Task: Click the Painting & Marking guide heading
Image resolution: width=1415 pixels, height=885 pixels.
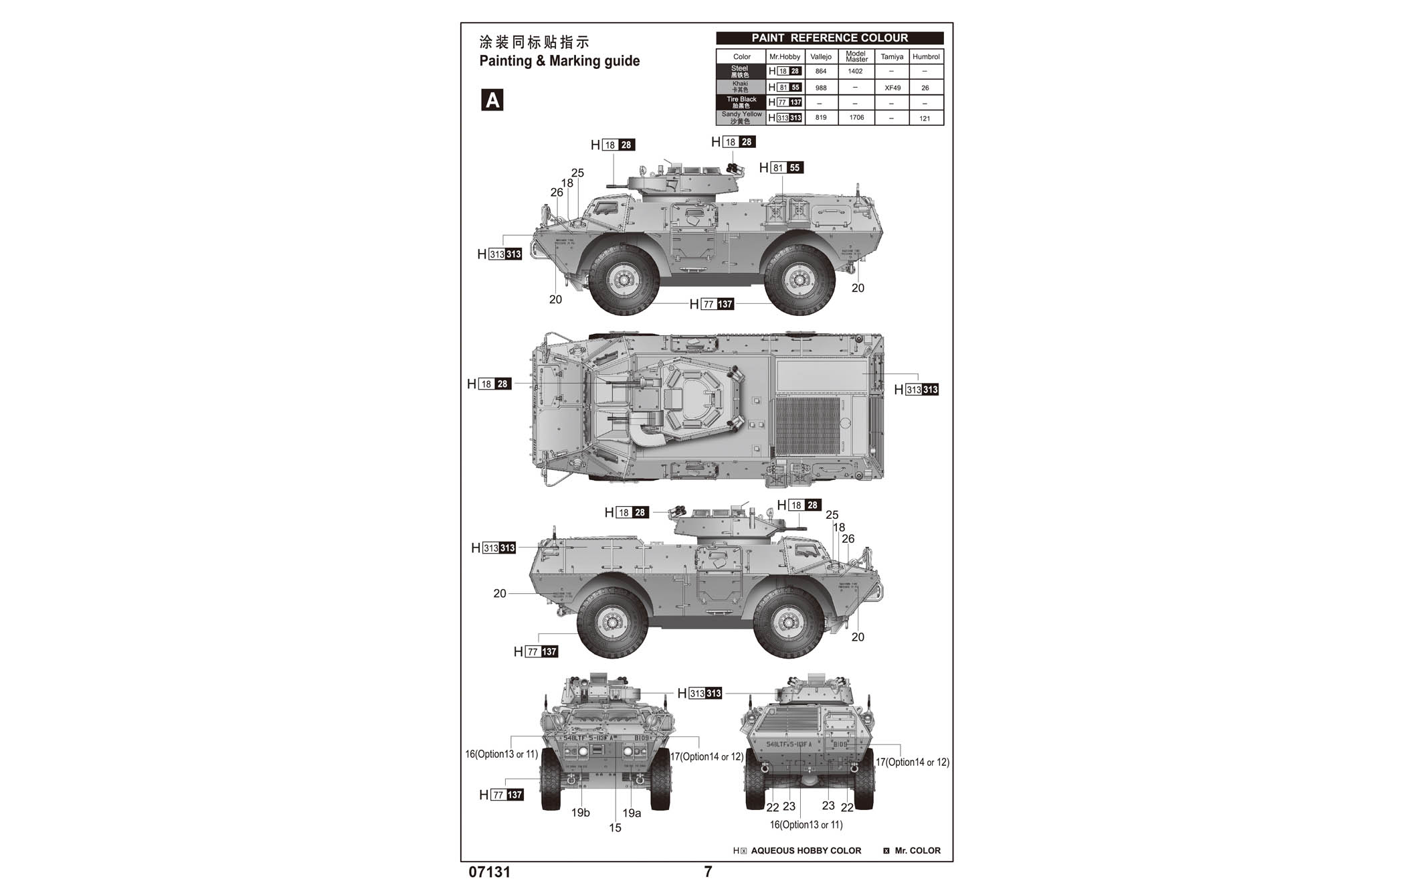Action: point(559,61)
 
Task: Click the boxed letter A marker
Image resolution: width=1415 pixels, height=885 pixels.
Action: point(492,100)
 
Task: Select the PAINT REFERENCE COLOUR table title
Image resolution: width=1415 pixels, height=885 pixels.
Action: point(830,38)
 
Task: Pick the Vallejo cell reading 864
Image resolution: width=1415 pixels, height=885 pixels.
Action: point(821,71)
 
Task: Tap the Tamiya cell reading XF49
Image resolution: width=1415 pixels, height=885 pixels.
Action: point(892,88)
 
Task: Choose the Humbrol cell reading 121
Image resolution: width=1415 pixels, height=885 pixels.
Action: point(925,118)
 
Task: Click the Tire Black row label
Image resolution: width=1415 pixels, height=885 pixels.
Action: point(741,102)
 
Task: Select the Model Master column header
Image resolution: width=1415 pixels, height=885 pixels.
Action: point(856,56)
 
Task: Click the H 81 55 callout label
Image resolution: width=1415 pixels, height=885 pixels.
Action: point(781,168)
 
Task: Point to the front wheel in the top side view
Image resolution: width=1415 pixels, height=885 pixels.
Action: point(624,280)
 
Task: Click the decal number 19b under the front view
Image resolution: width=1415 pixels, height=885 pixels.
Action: point(580,813)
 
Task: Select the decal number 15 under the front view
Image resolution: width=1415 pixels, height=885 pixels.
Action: point(615,828)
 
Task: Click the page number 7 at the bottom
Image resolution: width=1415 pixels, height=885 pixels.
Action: point(708,872)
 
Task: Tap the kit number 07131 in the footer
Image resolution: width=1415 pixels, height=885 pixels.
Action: point(490,872)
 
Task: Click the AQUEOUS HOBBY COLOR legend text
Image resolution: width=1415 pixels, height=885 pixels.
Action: point(806,851)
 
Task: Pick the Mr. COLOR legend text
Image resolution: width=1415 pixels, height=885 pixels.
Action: point(917,851)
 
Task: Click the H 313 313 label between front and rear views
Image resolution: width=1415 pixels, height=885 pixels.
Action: point(700,694)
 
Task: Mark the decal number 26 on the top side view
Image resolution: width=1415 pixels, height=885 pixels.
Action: point(557,192)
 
